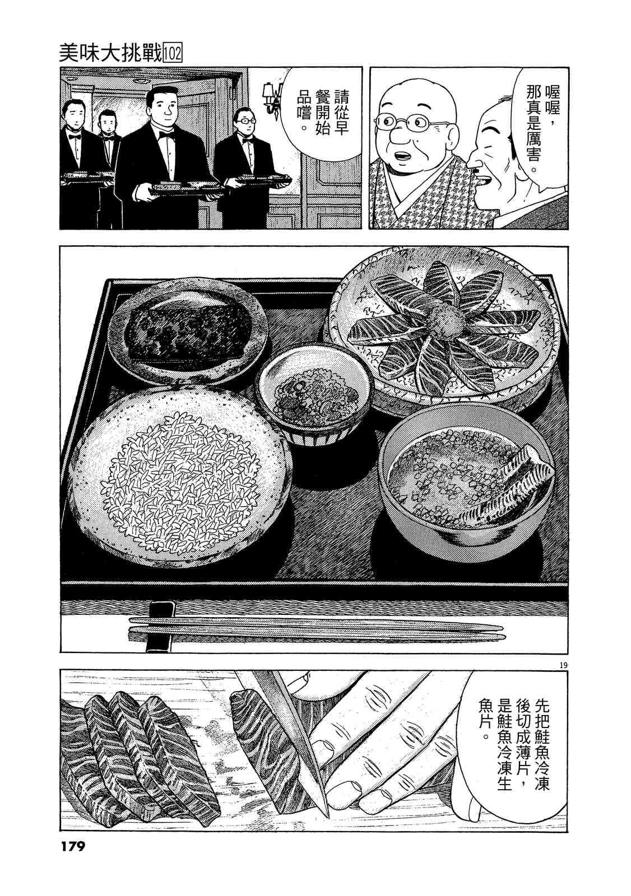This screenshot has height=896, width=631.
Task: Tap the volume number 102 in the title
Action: (x=173, y=54)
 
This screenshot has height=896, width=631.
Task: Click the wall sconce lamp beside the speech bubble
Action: (x=274, y=98)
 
